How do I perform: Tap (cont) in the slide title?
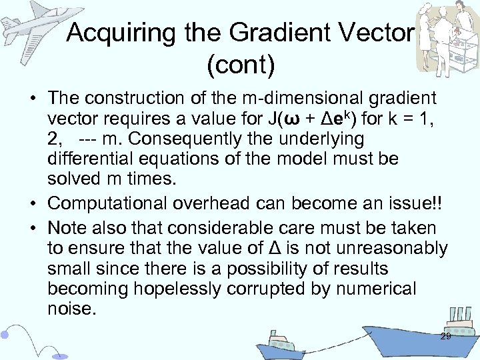tap(240, 66)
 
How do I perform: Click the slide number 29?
tap(445, 337)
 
